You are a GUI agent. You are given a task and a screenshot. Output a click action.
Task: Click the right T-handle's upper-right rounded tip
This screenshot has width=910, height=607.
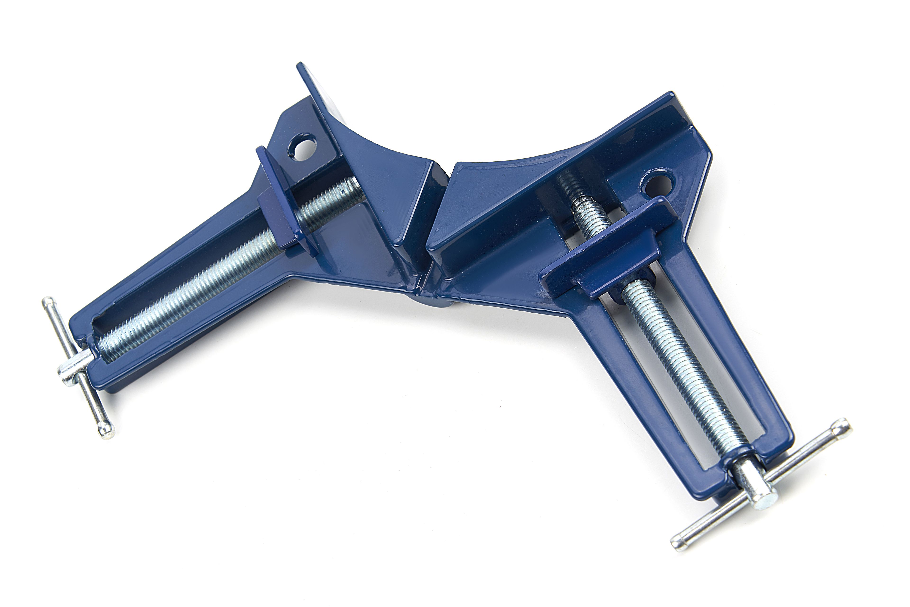click(x=843, y=425)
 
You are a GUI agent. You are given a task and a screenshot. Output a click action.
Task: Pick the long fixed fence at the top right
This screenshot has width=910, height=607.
click(x=581, y=155)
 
